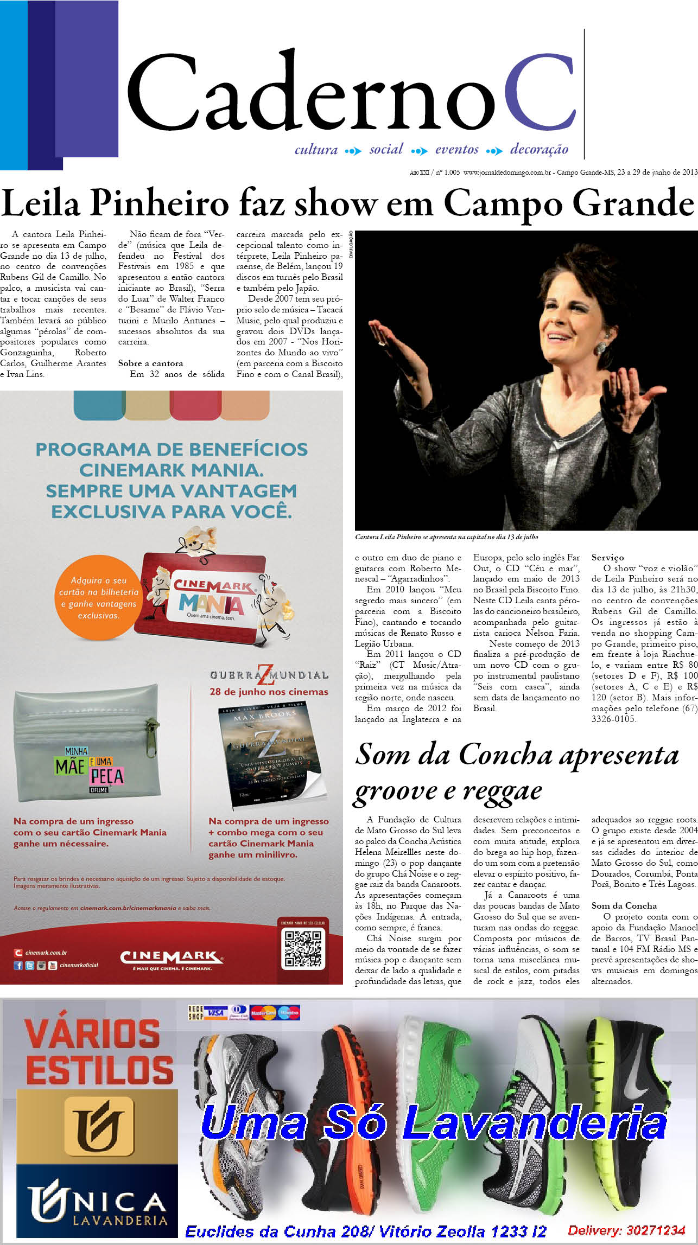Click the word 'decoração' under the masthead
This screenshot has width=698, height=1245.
click(539, 149)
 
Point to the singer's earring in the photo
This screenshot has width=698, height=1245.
click(600, 348)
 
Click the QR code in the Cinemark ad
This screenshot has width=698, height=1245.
click(303, 949)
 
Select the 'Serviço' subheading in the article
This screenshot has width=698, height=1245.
click(607, 558)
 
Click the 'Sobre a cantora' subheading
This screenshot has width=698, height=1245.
click(150, 363)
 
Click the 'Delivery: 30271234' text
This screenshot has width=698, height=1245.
click(626, 1230)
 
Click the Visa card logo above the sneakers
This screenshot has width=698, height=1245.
click(215, 1013)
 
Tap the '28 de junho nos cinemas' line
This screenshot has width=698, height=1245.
click(269, 692)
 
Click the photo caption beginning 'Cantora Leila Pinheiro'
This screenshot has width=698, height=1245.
click(446, 537)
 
